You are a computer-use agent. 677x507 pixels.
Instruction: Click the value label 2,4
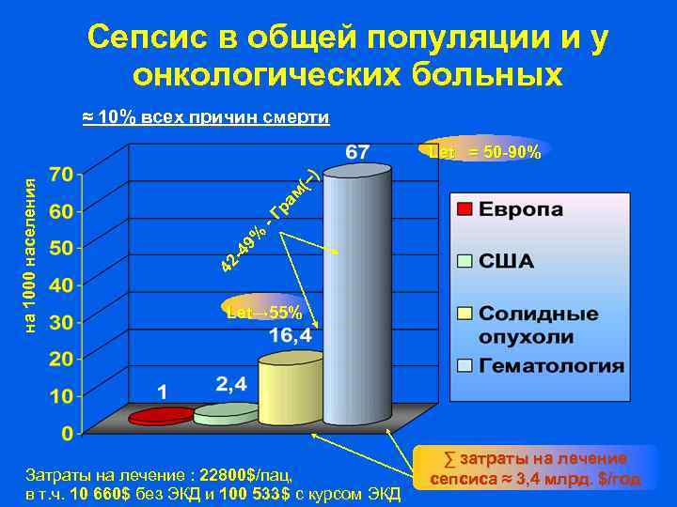pos(231,384)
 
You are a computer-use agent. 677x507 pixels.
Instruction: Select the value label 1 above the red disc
pos(163,391)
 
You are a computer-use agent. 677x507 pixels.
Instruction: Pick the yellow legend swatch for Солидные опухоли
pos(464,313)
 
